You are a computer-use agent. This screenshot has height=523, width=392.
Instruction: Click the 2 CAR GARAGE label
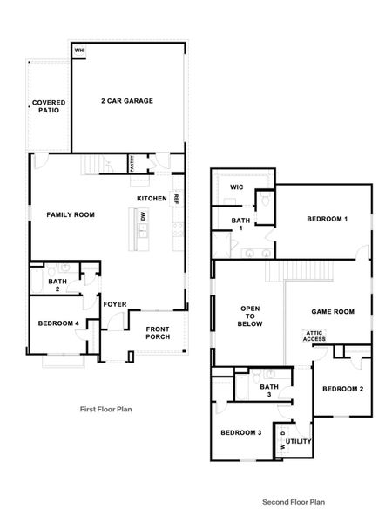click(x=126, y=101)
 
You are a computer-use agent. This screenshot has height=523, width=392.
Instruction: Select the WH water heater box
click(x=78, y=51)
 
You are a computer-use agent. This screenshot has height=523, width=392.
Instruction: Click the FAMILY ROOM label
click(x=71, y=214)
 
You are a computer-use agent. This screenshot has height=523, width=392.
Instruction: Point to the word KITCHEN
click(x=152, y=199)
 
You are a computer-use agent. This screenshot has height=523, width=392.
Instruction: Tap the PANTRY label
click(x=132, y=164)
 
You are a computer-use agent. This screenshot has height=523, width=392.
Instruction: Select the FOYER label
click(x=115, y=304)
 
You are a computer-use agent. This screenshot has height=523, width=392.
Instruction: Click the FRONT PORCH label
click(x=158, y=332)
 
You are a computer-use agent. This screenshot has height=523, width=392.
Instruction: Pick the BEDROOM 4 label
click(x=58, y=324)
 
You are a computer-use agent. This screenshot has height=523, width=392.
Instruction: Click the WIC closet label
click(x=236, y=187)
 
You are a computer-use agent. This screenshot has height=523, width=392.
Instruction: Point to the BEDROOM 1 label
click(x=327, y=219)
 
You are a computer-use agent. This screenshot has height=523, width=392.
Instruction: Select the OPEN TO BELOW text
click(x=250, y=316)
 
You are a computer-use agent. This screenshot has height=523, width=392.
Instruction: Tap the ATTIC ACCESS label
click(x=314, y=336)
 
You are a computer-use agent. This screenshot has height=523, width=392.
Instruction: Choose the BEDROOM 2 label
click(x=343, y=388)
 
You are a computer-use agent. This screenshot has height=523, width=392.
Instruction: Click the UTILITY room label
click(x=299, y=442)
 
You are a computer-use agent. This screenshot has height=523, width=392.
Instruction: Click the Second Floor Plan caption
click(x=294, y=502)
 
